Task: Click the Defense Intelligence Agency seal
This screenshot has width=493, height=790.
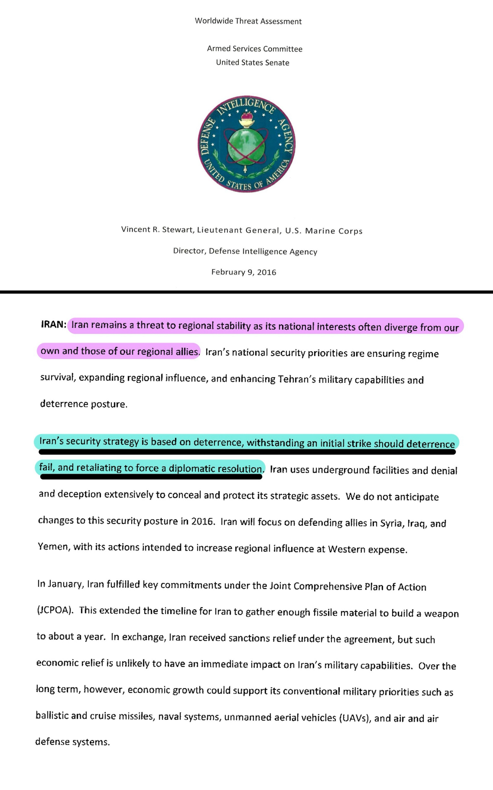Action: coord(246,144)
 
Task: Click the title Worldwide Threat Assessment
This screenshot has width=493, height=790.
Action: coord(248,21)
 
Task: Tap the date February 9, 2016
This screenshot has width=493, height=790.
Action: coord(244,272)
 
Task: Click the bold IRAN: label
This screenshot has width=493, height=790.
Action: coord(53,325)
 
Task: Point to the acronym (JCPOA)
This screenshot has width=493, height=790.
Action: coord(55,610)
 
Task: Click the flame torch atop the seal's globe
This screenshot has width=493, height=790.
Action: coord(247,118)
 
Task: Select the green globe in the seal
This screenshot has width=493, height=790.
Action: coord(246,147)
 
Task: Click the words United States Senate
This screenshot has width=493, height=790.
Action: coord(252,62)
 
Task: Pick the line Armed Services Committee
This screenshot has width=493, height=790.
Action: coord(255,49)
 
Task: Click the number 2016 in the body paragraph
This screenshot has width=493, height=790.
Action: coord(202,521)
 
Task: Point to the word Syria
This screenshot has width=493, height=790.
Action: coord(392,523)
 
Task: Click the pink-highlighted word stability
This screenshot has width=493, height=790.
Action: coord(228,326)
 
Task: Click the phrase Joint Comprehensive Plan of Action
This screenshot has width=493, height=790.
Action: coord(348,586)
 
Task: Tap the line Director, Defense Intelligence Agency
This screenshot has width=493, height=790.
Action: coord(245,252)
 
